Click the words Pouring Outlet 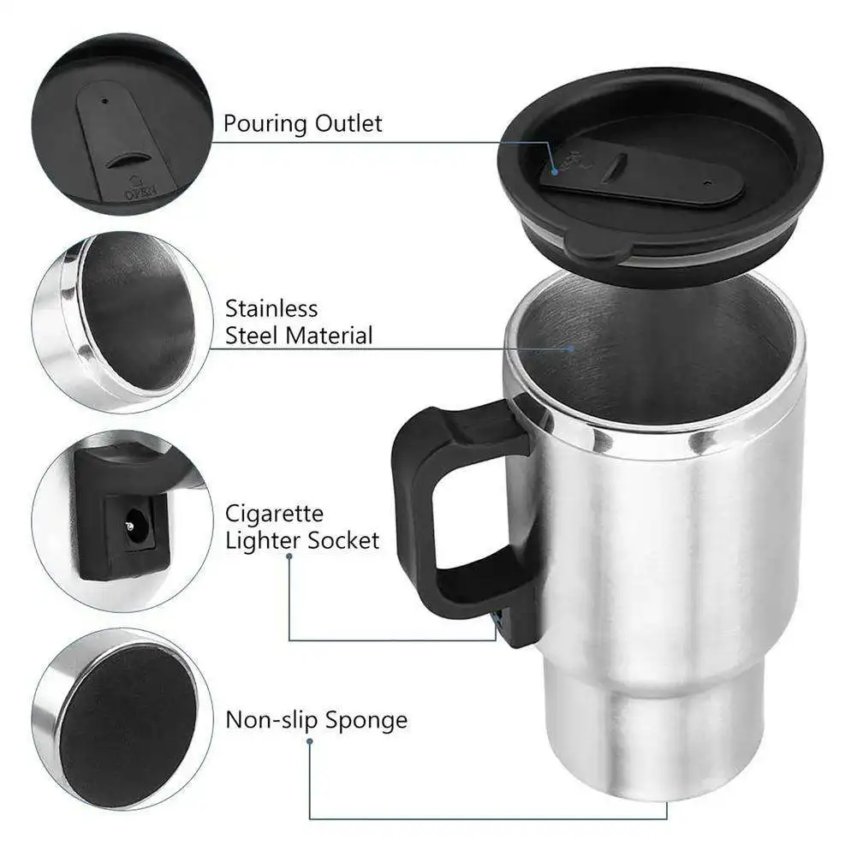point(303,123)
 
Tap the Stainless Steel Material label point(299,322)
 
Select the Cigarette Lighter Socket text point(302,527)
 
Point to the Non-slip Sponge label point(316,720)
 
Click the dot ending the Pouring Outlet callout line point(554,171)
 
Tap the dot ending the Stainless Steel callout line point(572,348)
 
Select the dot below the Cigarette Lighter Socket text point(289,556)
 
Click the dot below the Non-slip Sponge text point(310,742)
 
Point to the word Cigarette point(263,514)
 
